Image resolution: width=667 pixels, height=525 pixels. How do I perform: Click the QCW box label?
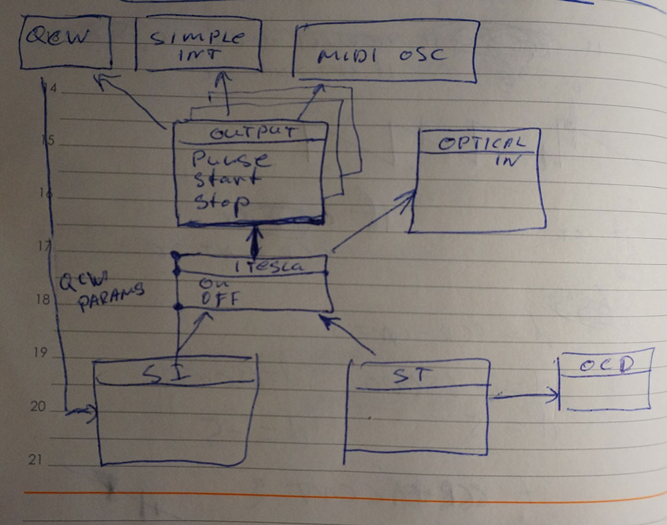[57, 37]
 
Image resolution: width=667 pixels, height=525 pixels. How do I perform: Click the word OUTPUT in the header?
[252, 132]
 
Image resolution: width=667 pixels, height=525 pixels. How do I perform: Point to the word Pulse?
[231, 161]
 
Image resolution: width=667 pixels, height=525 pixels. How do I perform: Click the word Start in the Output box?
[225, 180]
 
